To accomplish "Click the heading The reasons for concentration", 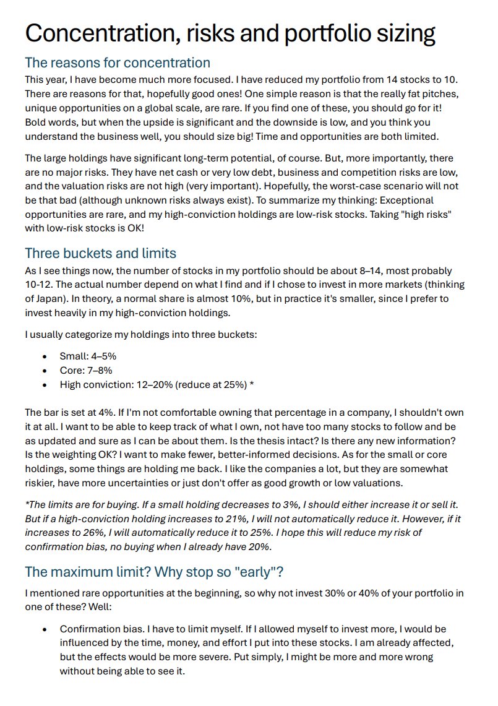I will pos(118,62).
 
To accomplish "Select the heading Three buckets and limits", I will pos(100,253).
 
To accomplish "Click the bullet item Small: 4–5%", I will pos(88,356).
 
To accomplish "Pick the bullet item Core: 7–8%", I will pos(85,371).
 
